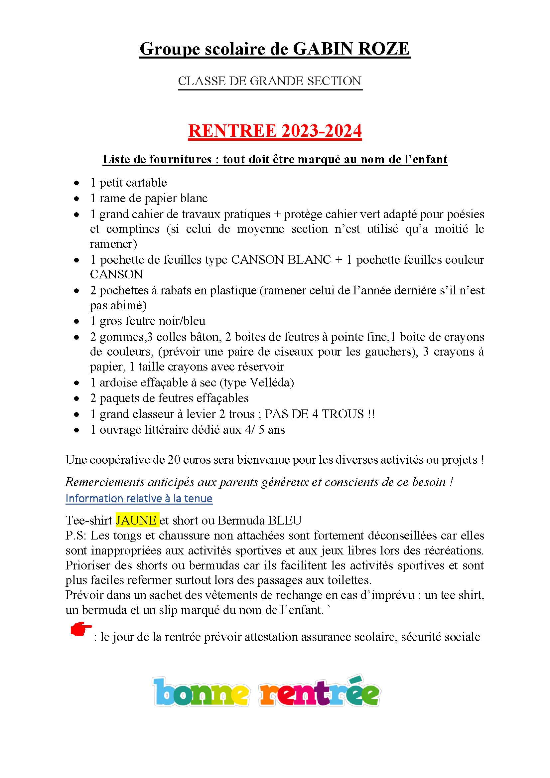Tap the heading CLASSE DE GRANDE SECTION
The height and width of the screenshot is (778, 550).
pyautogui.click(x=270, y=81)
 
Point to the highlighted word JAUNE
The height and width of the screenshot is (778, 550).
pyautogui.click(x=136, y=520)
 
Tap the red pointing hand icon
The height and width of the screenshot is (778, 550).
pyautogui.click(x=80, y=629)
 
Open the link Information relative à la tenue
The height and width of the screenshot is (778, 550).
pyautogui.click(x=139, y=499)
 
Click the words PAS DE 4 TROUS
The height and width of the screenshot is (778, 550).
pyautogui.click(x=314, y=414)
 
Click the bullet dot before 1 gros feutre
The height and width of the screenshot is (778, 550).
pyautogui.click(x=77, y=321)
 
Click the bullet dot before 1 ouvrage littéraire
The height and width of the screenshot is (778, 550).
pyautogui.click(x=77, y=430)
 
